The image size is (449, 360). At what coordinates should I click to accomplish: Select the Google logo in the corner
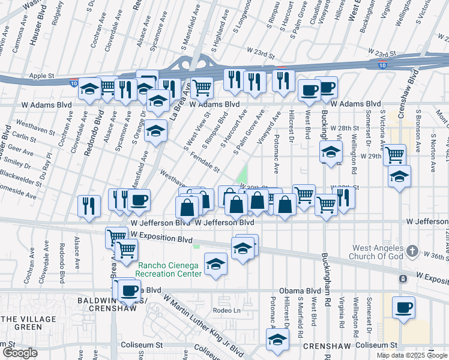click(x=19, y=353)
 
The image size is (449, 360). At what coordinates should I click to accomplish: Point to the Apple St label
click(x=42, y=76)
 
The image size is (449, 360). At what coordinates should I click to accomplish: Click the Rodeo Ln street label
click(x=226, y=310)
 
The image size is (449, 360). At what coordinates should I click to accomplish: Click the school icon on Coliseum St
click(x=277, y=339)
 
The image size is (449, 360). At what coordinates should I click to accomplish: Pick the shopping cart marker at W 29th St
click(x=394, y=155)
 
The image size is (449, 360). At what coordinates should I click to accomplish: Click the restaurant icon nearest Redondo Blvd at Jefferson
click(x=89, y=206)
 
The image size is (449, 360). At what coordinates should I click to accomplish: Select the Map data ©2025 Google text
click(x=412, y=355)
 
